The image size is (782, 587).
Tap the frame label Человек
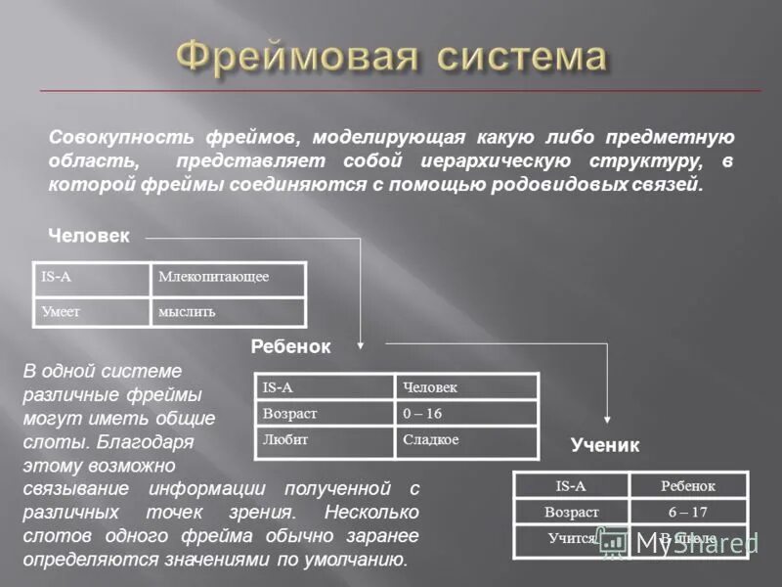(88, 236)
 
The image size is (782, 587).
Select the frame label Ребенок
(291, 346)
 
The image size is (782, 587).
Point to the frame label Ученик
(604, 446)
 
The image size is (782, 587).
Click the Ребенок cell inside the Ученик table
(687, 485)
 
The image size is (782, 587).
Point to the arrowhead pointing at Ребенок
(360, 343)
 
